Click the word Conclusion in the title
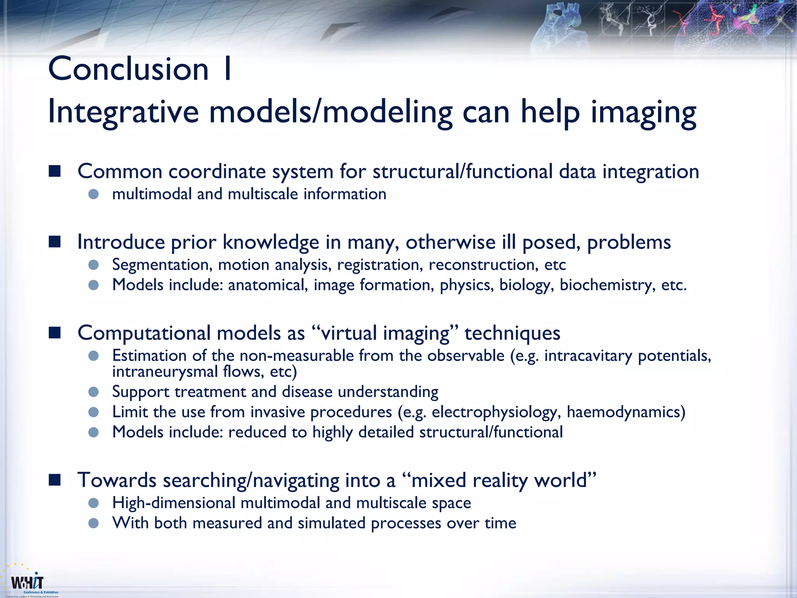(128, 69)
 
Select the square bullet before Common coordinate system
(55, 171)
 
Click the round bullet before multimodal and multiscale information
(93, 194)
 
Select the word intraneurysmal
(165, 371)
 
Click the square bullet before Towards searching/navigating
(55, 480)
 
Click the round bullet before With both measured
(93, 523)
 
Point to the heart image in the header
(560, 29)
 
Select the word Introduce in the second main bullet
(120, 242)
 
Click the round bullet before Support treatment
(93, 392)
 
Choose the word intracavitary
(588, 356)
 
